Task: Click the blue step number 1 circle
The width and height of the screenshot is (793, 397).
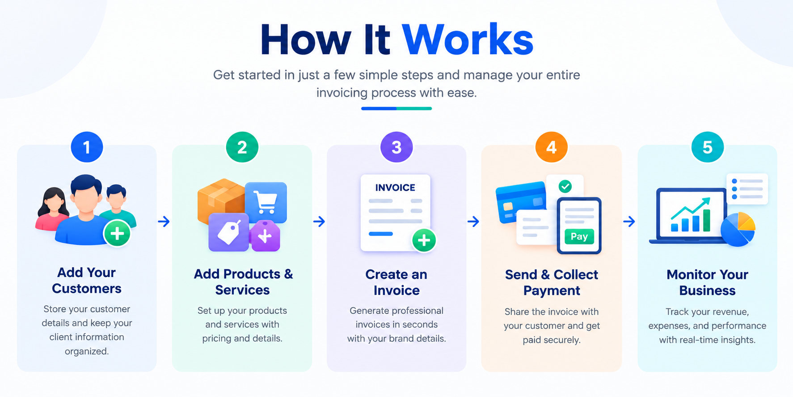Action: coord(87,147)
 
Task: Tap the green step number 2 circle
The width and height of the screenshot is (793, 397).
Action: coord(242,147)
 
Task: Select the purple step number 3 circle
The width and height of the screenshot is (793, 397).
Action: coord(396,147)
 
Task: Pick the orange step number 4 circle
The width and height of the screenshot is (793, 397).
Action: coord(552,147)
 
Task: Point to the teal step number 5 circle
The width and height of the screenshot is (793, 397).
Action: coord(707,147)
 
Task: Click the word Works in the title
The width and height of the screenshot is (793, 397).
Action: coord(468,39)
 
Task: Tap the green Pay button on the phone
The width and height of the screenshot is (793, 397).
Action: coord(579,236)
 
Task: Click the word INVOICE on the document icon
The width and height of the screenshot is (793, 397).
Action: coord(395,188)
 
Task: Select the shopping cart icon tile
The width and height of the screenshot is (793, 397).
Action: coord(266,202)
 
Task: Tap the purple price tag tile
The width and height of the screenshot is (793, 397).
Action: coord(228,232)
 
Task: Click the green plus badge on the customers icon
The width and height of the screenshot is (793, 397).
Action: coord(117,234)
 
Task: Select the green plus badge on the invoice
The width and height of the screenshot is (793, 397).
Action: coord(424,240)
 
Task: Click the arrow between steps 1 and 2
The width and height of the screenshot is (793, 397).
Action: coord(164,221)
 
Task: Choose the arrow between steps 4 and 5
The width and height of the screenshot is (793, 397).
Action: coord(629,221)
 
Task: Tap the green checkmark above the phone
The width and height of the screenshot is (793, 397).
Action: coord(565,186)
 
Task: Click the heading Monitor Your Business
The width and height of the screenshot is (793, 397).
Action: coord(707,282)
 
